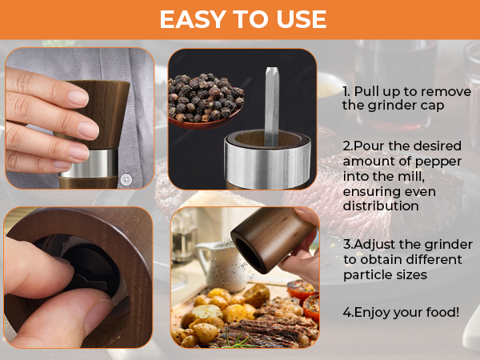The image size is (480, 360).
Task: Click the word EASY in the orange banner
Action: (193, 19)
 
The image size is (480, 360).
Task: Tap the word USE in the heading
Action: (301, 19)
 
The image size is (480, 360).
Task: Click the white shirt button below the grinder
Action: (126, 179)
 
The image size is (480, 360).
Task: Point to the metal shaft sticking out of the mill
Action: (271, 106)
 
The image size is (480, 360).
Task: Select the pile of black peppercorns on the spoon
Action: (205, 98)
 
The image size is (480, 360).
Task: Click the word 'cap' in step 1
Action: (432, 106)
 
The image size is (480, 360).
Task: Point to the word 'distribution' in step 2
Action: (381, 206)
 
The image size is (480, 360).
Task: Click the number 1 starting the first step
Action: (346, 91)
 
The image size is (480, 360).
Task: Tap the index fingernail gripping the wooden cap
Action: (78, 98)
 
